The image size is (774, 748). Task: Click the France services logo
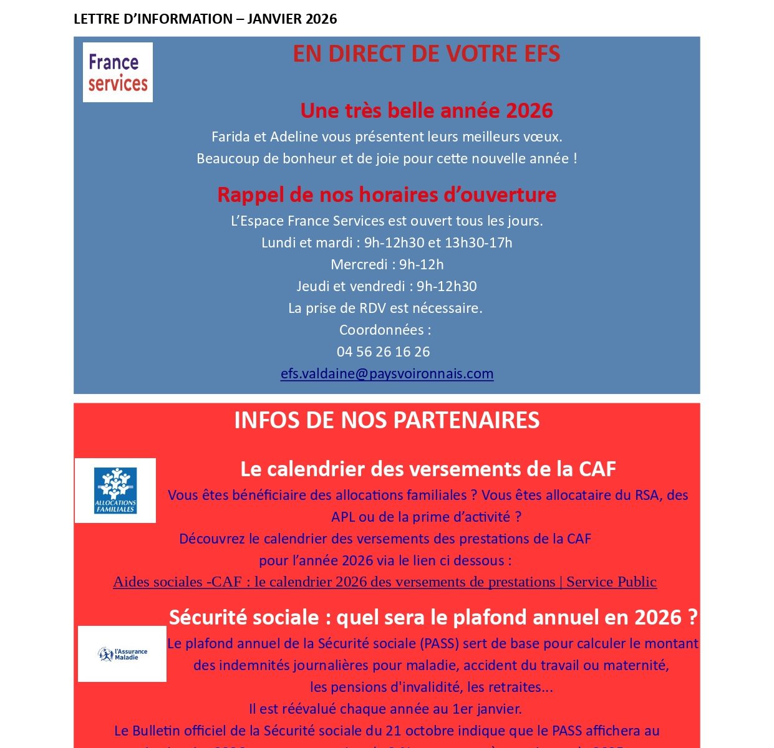117,72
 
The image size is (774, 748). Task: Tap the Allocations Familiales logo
115,491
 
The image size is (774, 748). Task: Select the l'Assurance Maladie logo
122,654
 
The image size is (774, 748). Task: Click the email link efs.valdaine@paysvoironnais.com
387,374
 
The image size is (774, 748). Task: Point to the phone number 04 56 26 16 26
383,352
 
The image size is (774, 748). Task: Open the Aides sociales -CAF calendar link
384,582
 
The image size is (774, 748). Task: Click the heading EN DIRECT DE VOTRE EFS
427,54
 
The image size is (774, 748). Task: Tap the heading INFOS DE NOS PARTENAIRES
387,421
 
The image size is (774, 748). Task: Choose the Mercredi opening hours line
387,265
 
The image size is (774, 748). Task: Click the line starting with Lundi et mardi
387,243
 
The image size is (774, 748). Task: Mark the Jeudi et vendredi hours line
387,287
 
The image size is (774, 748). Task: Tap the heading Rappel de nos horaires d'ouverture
387,195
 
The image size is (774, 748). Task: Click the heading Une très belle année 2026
427,111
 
